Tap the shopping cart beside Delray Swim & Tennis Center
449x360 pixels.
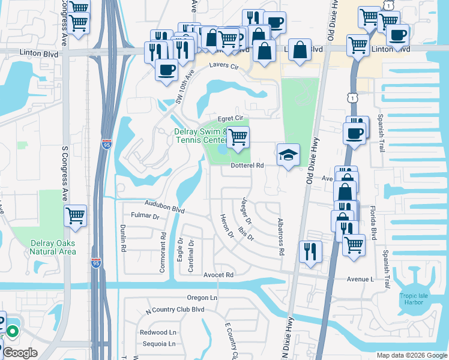(238, 137)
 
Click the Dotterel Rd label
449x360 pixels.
(248, 165)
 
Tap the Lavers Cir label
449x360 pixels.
(223, 67)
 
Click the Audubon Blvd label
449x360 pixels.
(164, 206)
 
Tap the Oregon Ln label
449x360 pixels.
(202, 298)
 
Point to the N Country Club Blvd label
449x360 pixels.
(175, 310)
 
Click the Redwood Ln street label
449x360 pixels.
(158, 332)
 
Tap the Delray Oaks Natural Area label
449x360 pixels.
(53, 247)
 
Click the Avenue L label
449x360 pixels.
(360, 279)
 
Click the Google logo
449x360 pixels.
(20, 353)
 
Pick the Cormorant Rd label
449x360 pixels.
(163, 253)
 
